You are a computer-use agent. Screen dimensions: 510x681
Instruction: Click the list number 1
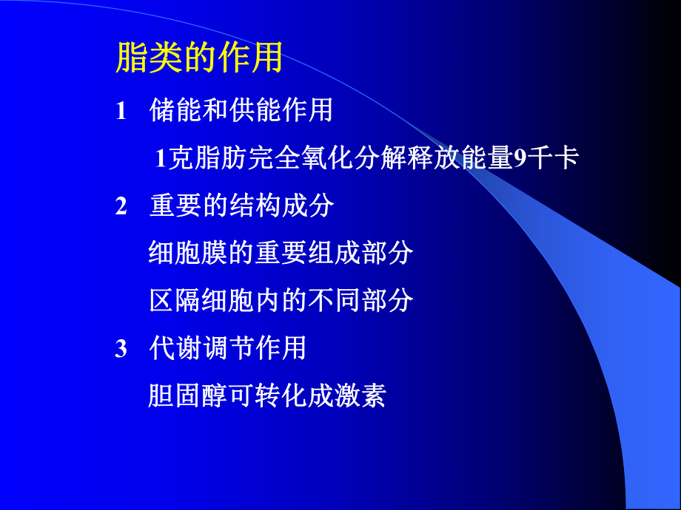click(121, 111)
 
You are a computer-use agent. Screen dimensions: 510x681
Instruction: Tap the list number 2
click(121, 206)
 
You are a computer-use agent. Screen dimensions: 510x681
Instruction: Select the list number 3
click(121, 348)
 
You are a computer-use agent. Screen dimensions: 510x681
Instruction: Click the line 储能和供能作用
click(241, 110)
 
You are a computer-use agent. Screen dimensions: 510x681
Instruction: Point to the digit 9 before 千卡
click(519, 158)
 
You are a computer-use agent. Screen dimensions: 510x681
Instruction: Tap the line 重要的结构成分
click(241, 205)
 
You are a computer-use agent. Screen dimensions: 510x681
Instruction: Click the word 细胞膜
click(181, 253)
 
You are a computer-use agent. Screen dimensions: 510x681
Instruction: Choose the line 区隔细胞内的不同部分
click(281, 300)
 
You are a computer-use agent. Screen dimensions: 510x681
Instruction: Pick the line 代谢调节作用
click(228, 347)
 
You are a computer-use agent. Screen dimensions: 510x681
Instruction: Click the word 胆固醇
click(181, 395)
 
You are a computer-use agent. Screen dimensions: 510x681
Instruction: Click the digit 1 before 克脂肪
click(160, 158)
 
